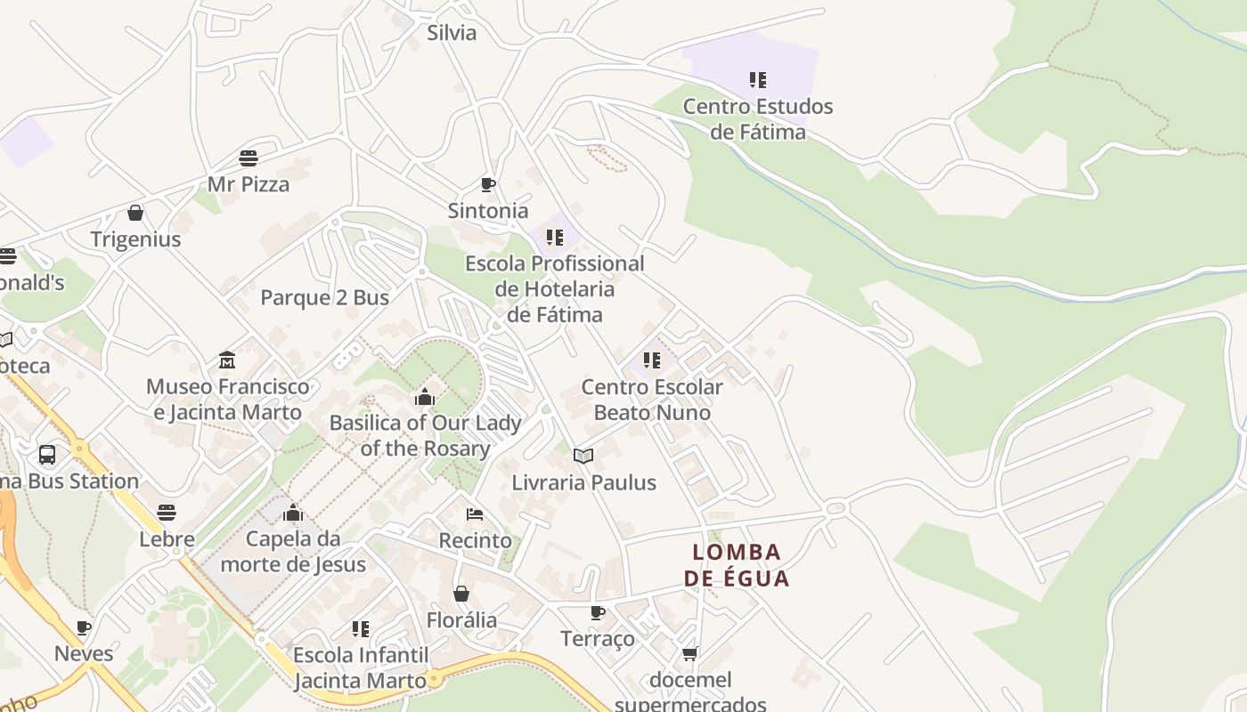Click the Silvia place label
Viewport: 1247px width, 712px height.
pyautogui.click(x=452, y=34)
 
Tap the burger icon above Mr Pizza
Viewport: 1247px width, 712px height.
pyautogui.click(x=249, y=158)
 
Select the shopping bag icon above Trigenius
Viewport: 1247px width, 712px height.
pyautogui.click(x=135, y=213)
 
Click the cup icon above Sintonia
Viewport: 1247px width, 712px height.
pyautogui.click(x=487, y=185)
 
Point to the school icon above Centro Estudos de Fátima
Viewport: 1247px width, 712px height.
pyautogui.click(x=758, y=80)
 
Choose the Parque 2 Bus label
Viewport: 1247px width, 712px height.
pyautogui.click(x=324, y=297)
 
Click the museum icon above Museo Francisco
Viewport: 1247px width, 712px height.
pyautogui.click(x=227, y=360)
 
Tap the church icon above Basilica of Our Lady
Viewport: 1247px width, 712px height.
pyautogui.click(x=425, y=397)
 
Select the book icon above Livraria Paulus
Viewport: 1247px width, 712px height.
pyautogui.click(x=583, y=457)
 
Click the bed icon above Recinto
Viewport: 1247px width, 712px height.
pyautogui.click(x=475, y=514)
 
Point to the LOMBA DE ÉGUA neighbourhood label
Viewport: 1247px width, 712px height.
pyautogui.click(x=737, y=565)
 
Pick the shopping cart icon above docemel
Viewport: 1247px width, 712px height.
pyautogui.click(x=689, y=654)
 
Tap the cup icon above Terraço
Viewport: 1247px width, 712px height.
pyautogui.click(x=597, y=612)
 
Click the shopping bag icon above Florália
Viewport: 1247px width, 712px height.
pyautogui.click(x=461, y=594)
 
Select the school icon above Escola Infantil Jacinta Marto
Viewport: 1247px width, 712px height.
pyautogui.click(x=361, y=629)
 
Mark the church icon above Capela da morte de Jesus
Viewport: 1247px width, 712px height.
pyautogui.click(x=293, y=514)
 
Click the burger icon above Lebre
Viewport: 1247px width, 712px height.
pyautogui.click(x=167, y=513)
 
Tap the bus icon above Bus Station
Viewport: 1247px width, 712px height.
pyautogui.click(x=47, y=456)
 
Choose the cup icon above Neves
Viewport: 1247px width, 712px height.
pyautogui.click(x=84, y=627)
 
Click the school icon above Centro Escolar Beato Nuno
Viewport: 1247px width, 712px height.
pyautogui.click(x=652, y=360)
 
